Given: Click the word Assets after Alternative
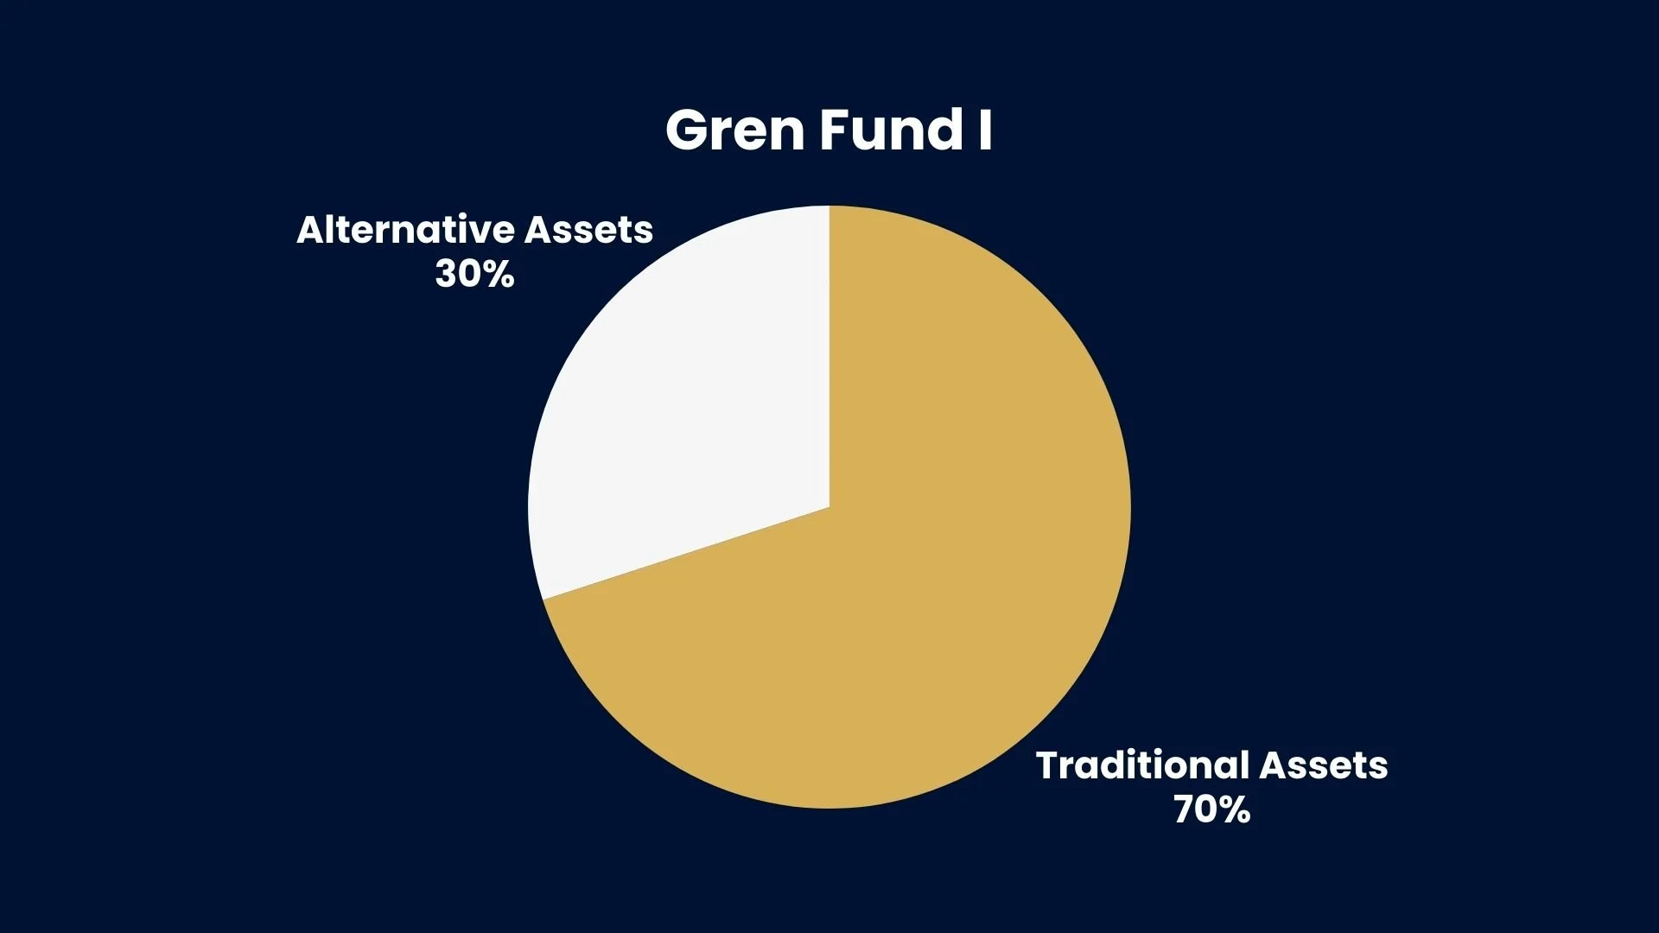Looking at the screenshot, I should click(589, 230).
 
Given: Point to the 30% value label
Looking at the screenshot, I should click(474, 275).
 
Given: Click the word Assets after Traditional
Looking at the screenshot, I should click(1324, 765).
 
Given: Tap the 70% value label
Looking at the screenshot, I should click(1211, 810).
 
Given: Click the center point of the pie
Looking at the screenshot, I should click(829, 507).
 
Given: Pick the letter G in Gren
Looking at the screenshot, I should click(688, 131).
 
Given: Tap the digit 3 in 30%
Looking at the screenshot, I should click(447, 275).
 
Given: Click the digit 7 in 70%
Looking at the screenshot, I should click(1184, 810).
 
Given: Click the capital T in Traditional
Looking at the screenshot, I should click(1048, 765).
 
